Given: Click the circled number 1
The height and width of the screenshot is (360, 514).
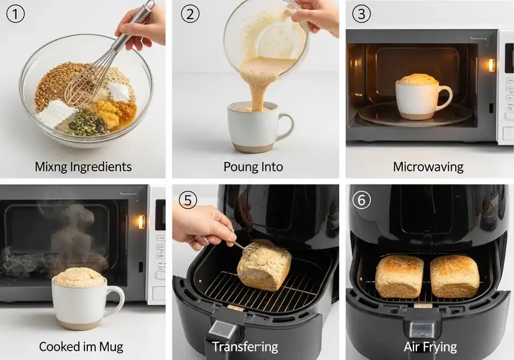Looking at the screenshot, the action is pos(15,14).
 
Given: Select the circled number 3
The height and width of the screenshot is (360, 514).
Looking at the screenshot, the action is pos(362,14).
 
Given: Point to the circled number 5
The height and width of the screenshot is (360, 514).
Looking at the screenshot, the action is pos(188,199).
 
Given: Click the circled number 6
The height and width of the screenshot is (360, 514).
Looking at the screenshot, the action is pos(362,199).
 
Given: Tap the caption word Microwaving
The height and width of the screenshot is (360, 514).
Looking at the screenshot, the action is pos(428,167).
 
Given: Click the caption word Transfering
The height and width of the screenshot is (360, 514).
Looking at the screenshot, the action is pos(245,347).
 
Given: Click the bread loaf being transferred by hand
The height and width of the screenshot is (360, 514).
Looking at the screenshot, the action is pos(264,266).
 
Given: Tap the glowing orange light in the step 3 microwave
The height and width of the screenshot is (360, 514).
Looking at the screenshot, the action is pos(491,65).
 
